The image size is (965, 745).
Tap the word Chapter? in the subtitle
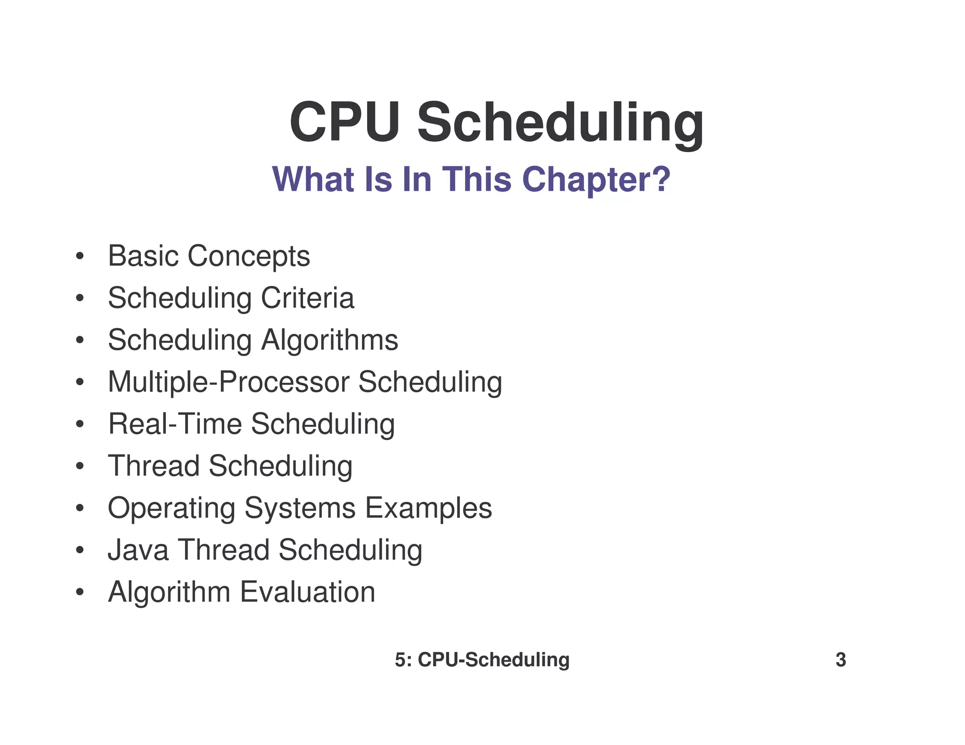point(596,179)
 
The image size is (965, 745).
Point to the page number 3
point(841,660)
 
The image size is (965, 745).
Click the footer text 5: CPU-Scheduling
point(482,660)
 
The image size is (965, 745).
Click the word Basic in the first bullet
point(143,256)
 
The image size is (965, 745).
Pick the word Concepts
point(249,257)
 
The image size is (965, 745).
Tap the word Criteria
point(307,298)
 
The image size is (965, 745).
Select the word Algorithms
point(329,340)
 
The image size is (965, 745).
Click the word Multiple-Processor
point(229,382)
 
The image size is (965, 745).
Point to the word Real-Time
point(175,424)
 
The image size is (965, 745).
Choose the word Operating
point(172,509)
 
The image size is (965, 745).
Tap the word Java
point(138,550)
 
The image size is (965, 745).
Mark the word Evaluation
point(308,592)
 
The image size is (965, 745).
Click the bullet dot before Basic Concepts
point(80,257)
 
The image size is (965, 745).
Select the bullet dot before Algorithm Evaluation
point(80,592)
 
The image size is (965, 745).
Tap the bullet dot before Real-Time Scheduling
point(80,424)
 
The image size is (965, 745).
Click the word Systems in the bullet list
point(300,509)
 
